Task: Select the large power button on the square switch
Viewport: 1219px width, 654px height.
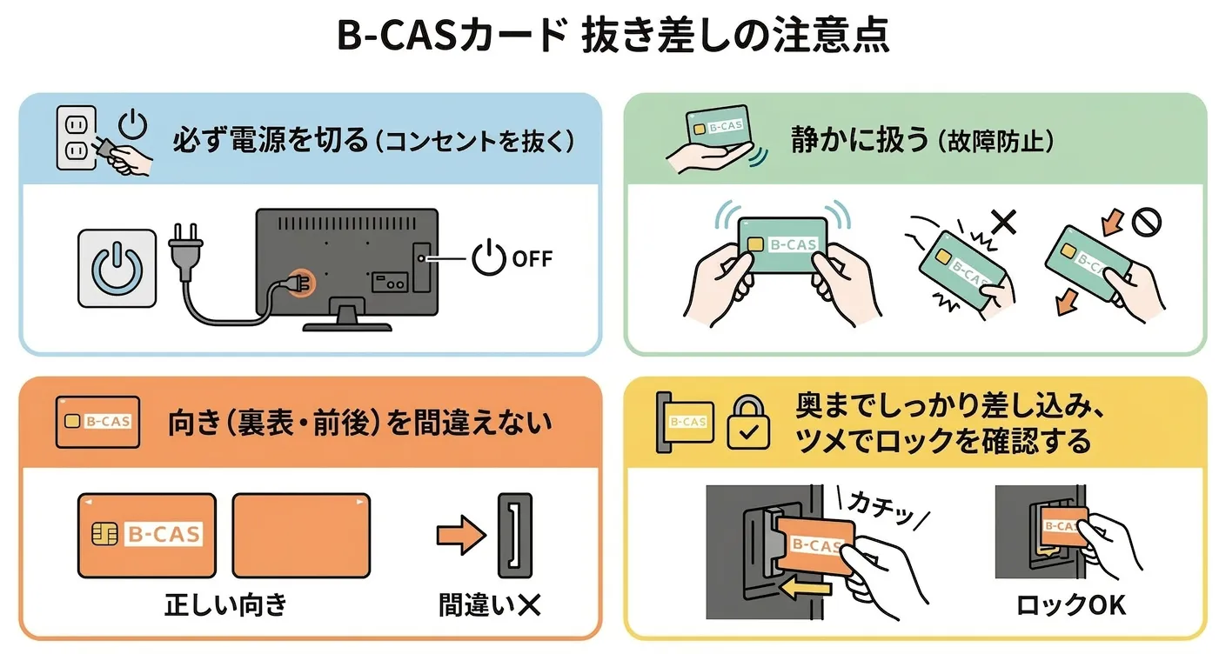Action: (x=117, y=267)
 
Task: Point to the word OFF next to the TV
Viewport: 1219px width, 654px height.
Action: (x=532, y=258)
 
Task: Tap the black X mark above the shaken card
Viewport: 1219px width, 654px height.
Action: (x=1002, y=222)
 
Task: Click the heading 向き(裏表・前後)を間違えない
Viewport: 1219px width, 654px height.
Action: (x=359, y=423)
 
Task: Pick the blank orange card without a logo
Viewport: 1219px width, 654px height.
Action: (x=301, y=535)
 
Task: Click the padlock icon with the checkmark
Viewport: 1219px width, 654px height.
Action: (x=747, y=424)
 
